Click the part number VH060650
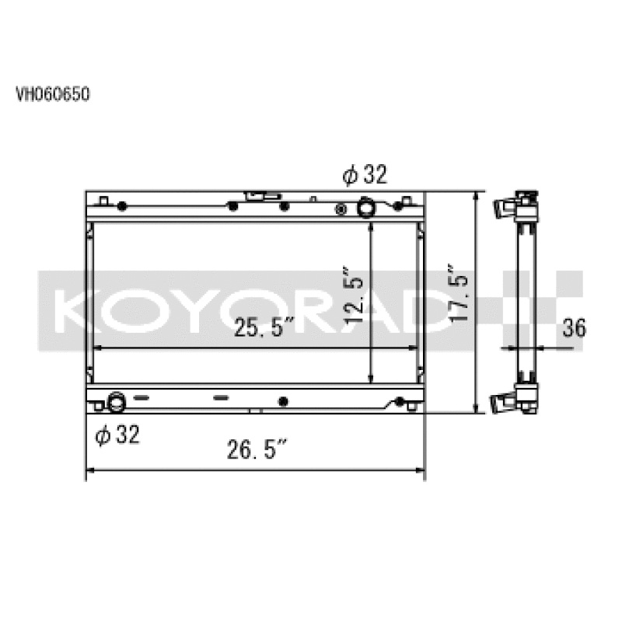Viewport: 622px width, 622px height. [x=54, y=95]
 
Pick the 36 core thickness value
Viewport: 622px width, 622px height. [x=573, y=328]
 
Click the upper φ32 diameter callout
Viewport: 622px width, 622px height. [x=364, y=176]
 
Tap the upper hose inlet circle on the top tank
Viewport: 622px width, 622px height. [x=365, y=208]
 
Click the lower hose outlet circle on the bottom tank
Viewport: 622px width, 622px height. [x=116, y=403]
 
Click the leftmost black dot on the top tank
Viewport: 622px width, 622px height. [x=121, y=207]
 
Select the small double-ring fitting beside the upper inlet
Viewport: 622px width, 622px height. [x=340, y=209]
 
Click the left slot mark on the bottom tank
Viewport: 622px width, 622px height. [x=142, y=397]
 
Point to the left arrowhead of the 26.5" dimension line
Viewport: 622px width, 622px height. [x=89, y=470]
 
